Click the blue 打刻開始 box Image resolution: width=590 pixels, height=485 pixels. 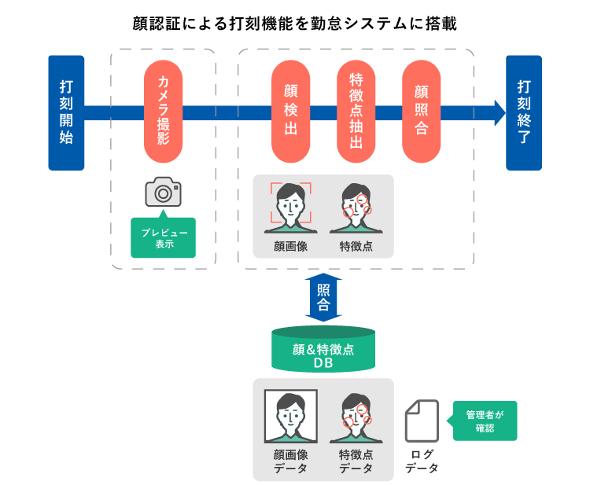tap(66, 112)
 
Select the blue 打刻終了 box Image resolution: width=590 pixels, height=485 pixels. tap(523, 112)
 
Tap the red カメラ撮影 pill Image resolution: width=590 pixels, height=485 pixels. tap(164, 112)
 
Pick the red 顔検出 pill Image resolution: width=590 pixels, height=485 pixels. tap(290, 112)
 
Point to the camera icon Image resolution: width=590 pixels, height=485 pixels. tap(163, 192)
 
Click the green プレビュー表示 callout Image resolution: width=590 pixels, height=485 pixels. tap(163, 238)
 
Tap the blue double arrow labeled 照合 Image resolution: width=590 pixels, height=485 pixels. tap(323, 297)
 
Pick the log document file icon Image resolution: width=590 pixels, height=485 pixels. tap(422, 421)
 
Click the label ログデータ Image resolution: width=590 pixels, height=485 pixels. tap(422, 461)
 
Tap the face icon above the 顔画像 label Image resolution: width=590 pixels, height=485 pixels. tap(290, 208)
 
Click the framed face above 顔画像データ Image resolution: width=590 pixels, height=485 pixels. tap(290, 417)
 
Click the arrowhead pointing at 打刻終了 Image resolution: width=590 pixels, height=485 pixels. tap(498, 112)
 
